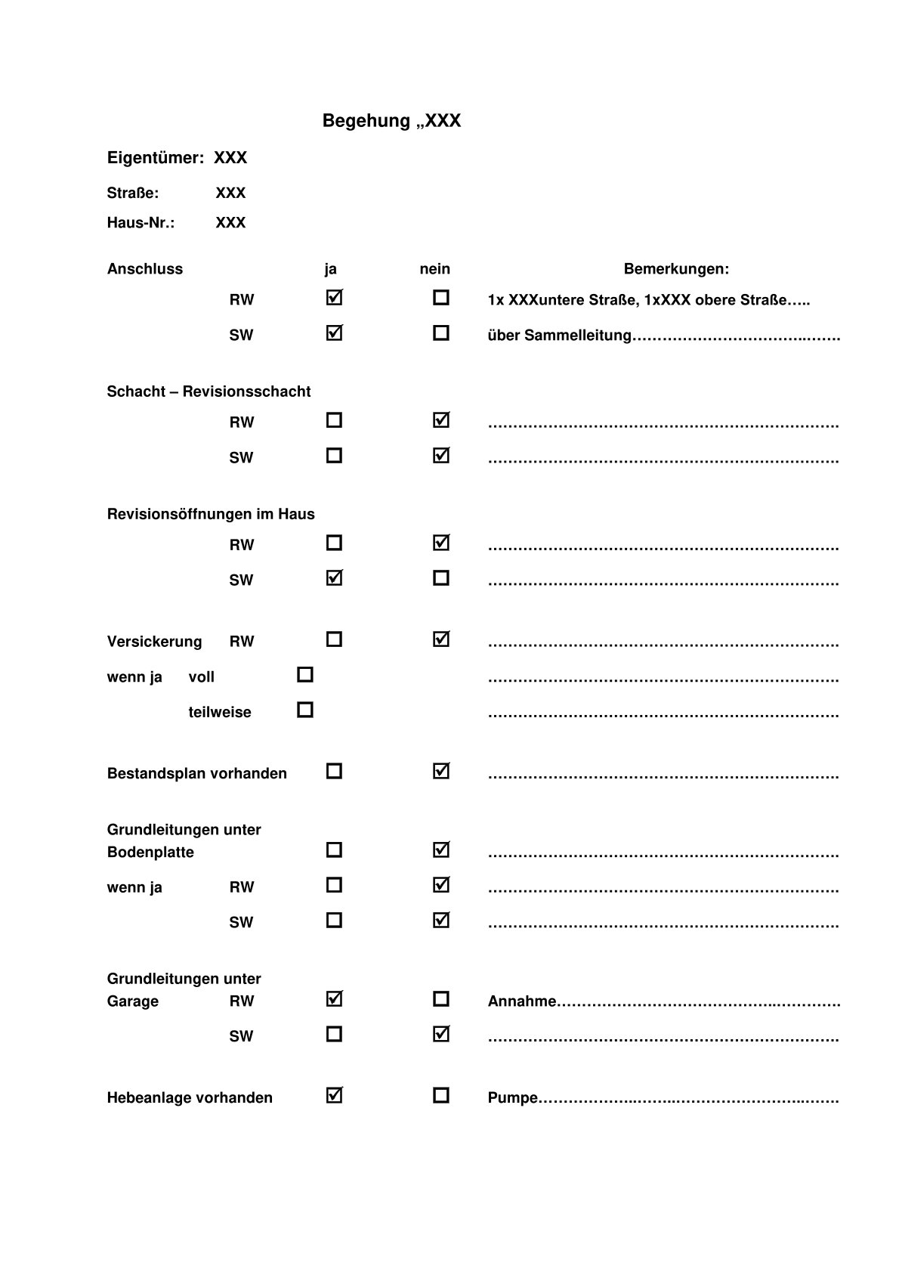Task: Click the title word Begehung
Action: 366,121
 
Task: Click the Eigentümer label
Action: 155,158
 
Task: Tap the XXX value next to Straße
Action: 230,193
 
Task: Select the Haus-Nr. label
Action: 141,223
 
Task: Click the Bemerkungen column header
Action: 676,269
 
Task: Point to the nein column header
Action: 434,269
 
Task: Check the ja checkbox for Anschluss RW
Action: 334,298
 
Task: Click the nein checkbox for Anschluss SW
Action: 441,333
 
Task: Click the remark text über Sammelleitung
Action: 559,336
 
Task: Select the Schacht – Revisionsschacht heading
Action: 209,392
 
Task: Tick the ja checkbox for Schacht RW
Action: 334,420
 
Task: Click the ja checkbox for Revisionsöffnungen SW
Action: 334,578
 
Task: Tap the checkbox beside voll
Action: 305,674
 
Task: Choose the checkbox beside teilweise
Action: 305,710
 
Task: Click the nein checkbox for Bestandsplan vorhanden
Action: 441,772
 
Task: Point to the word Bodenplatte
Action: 150,853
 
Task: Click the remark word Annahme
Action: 522,1001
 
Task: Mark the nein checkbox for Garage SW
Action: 441,1034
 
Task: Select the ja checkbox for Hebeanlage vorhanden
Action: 334,1095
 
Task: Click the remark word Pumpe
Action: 513,1098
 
